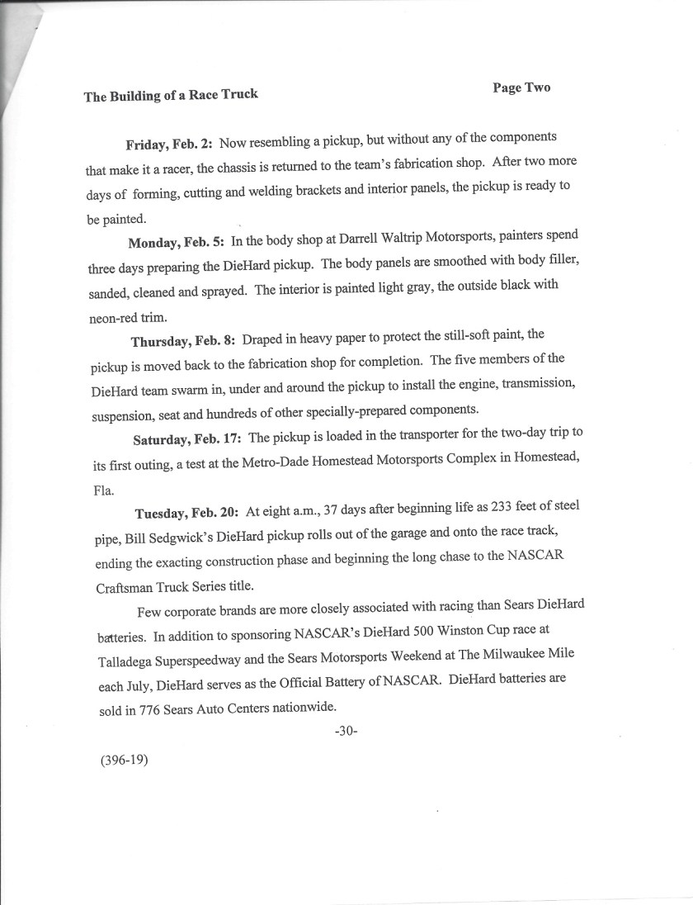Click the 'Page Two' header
(521, 88)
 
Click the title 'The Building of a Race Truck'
(171, 95)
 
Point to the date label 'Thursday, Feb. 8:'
(184, 340)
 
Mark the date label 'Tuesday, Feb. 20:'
(186, 513)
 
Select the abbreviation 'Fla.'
(103, 488)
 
